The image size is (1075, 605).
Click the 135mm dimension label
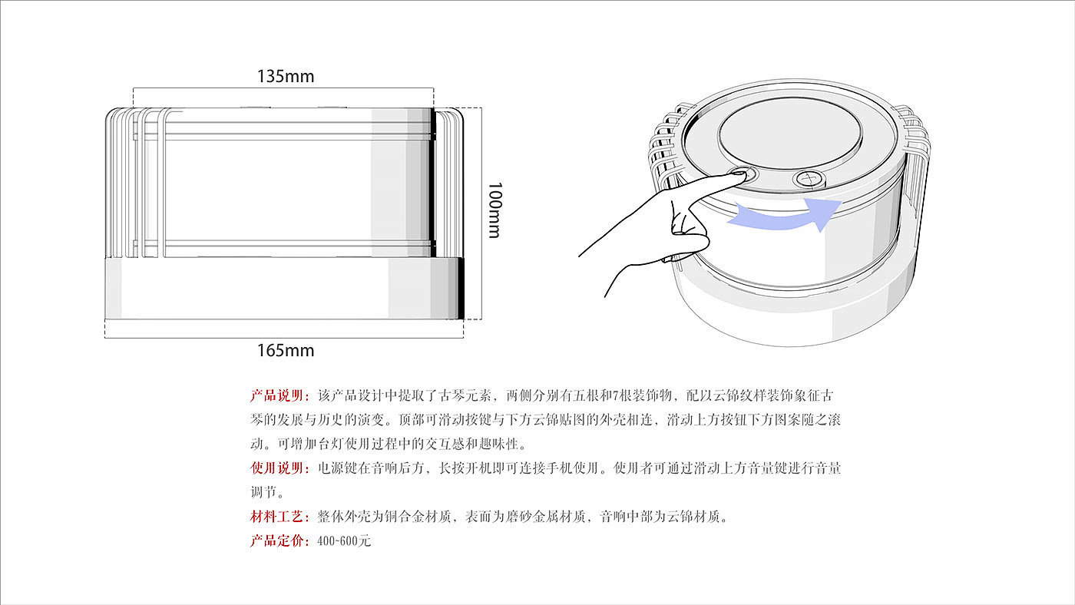(x=286, y=76)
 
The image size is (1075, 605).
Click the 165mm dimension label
(x=286, y=351)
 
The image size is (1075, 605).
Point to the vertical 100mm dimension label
(x=494, y=210)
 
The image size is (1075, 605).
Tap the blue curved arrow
(x=776, y=214)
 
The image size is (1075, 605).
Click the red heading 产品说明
(x=278, y=396)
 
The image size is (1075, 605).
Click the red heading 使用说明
(x=278, y=468)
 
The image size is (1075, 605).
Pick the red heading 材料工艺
(x=278, y=516)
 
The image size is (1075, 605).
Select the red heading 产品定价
(x=278, y=541)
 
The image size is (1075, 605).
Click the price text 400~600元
(x=343, y=541)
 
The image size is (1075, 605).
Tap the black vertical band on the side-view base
(x=461, y=288)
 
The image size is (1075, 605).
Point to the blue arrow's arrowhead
(x=825, y=212)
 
